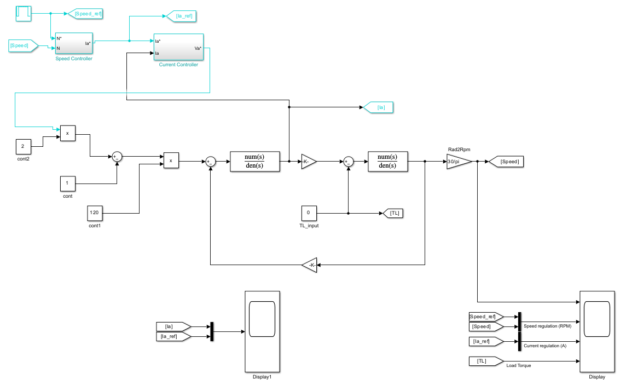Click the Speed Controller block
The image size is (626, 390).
coord(73,43)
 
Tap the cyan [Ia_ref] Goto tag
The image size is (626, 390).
coord(181,16)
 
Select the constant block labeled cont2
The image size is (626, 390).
coord(23,146)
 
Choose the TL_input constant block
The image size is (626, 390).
coord(308,213)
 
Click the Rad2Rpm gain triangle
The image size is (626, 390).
coord(457,162)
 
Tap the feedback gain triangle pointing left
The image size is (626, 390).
coord(310,265)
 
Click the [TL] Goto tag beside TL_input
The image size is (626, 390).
coord(393,213)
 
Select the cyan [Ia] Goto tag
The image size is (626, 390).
coord(379,107)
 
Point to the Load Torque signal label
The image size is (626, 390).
coord(518,365)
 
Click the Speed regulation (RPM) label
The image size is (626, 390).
coord(547,326)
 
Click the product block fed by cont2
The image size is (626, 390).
coord(67,133)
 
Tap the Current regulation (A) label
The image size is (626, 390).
coord(545,346)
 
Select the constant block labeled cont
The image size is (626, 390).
coord(67,183)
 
